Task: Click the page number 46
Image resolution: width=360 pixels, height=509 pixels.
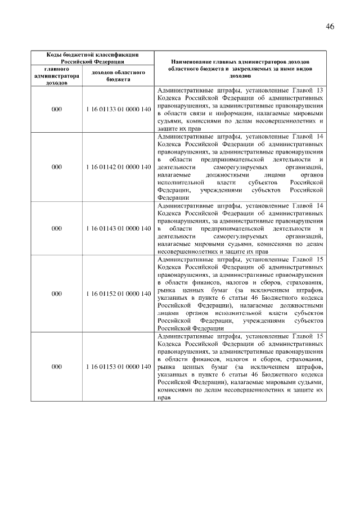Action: click(330, 27)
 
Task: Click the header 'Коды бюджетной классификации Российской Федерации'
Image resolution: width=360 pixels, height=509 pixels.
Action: click(92, 58)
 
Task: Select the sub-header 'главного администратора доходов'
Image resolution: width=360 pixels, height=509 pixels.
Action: click(56, 75)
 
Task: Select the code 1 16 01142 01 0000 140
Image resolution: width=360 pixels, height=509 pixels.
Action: click(118, 167)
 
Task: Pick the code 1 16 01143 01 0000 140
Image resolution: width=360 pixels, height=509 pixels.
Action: click(118, 228)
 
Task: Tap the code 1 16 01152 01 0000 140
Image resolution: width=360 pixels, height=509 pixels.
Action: click(118, 294)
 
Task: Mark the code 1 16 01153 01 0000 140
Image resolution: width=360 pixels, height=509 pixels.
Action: click(118, 367)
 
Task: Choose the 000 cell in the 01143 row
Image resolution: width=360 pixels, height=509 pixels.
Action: click(56, 228)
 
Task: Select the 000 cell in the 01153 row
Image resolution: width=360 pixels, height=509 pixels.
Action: click(56, 367)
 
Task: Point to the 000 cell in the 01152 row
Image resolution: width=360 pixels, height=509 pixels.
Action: click(56, 294)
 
